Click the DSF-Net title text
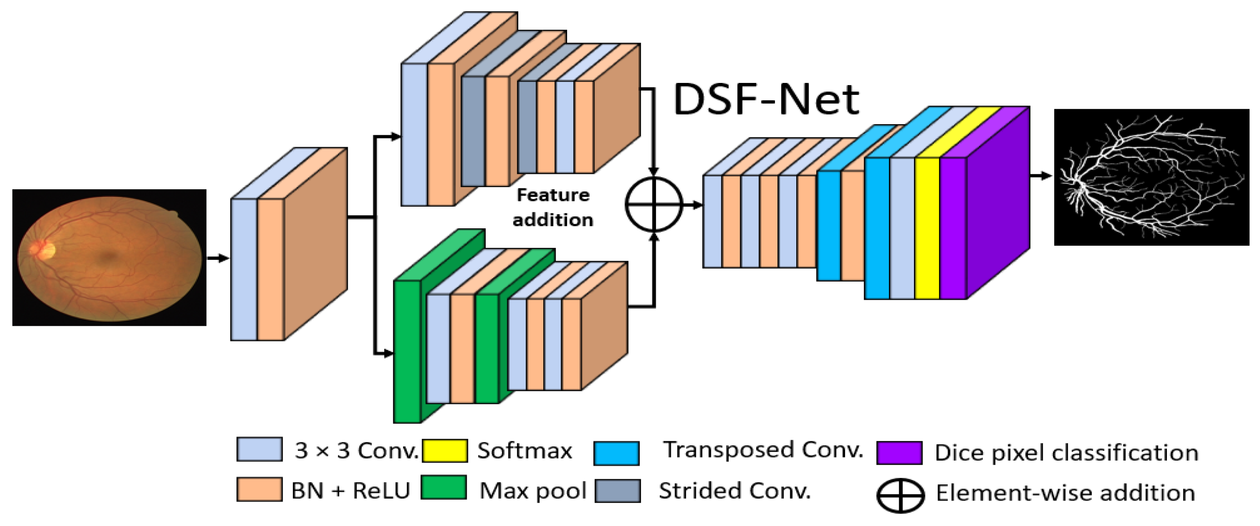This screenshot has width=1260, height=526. tap(766, 100)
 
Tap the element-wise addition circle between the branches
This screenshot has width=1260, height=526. tap(653, 204)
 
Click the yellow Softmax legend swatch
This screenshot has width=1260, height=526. tap(444, 450)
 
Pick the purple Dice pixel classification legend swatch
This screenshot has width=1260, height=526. tap(899, 452)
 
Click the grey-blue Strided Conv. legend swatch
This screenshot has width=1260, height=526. tap(617, 491)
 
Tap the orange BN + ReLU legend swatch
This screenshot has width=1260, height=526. tap(259, 489)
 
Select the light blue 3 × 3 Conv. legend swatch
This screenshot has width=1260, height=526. tap(259, 449)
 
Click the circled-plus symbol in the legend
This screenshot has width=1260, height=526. tap(900, 496)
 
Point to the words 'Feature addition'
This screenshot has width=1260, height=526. tap(553, 208)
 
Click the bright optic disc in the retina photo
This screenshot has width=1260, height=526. tap(45, 250)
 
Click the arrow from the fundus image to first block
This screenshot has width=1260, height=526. tap(218, 258)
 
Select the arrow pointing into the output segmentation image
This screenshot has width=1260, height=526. tap(1041, 176)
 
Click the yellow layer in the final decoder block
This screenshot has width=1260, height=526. tap(926, 228)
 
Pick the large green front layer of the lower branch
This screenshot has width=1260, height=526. tap(407, 351)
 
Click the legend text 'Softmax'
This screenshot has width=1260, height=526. tap(524, 451)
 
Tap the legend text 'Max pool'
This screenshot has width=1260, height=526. tap(533, 490)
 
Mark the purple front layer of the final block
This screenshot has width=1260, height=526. tap(953, 228)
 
